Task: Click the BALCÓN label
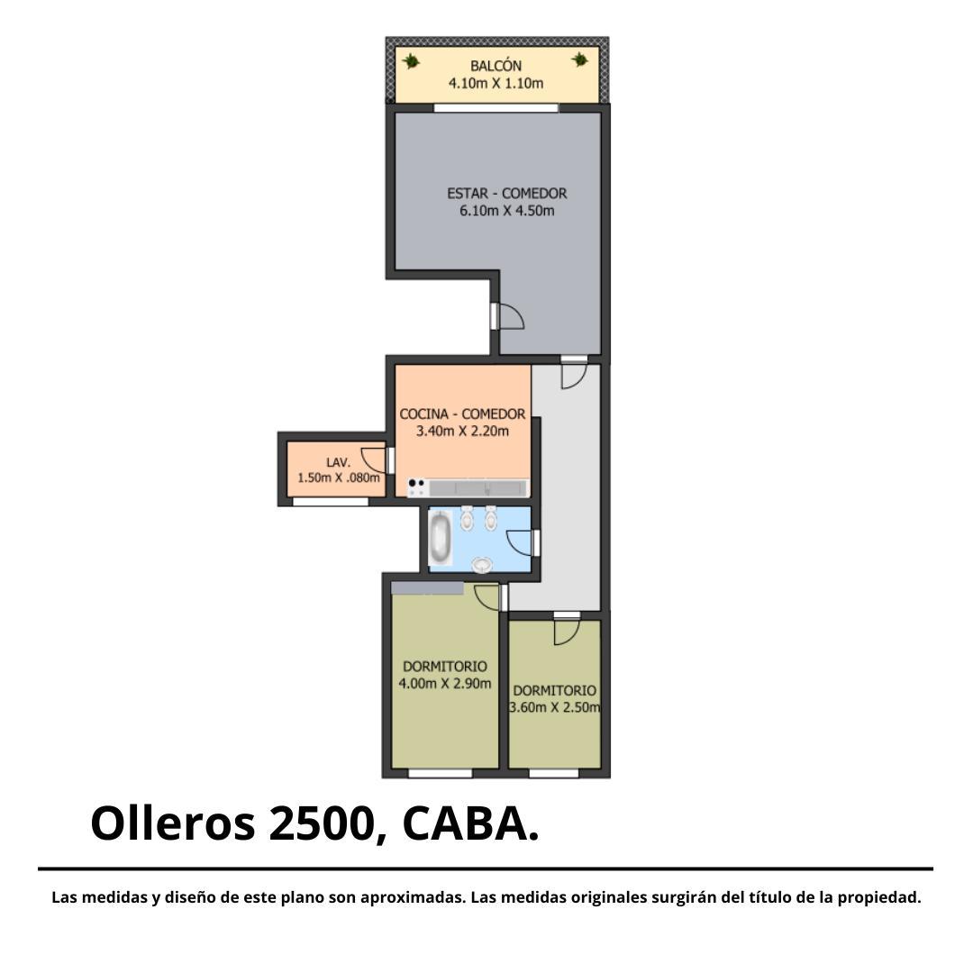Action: click(496, 65)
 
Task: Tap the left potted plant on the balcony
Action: click(410, 61)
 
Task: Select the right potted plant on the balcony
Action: click(579, 59)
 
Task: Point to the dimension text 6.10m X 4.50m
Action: click(507, 210)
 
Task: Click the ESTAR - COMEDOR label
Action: click(507, 193)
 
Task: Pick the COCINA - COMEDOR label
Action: click(462, 414)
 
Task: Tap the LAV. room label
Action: click(338, 462)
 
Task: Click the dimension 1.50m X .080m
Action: click(338, 477)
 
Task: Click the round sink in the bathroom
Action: click(481, 565)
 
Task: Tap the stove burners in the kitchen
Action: click(416, 487)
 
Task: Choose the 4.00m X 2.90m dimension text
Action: click(445, 684)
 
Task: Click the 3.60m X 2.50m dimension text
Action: click(555, 707)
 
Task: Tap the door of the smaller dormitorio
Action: click(567, 632)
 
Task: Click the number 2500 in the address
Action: click(321, 824)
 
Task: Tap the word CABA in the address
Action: click(466, 824)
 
